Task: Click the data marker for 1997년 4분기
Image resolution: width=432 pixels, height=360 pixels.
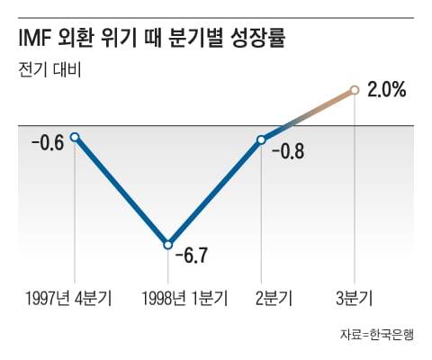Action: (75, 137)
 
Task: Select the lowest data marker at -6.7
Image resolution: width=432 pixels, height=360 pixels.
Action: (167, 244)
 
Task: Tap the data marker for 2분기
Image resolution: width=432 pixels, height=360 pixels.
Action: (261, 139)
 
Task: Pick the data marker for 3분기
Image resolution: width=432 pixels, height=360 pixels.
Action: (355, 89)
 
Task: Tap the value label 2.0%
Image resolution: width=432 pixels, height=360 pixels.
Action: (385, 89)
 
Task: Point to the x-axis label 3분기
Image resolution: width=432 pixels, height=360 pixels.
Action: (355, 297)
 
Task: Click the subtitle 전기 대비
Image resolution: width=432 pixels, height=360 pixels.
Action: (49, 69)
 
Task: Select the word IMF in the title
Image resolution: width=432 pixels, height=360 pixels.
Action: (35, 40)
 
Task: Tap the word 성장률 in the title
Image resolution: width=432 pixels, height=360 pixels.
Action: (275, 40)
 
